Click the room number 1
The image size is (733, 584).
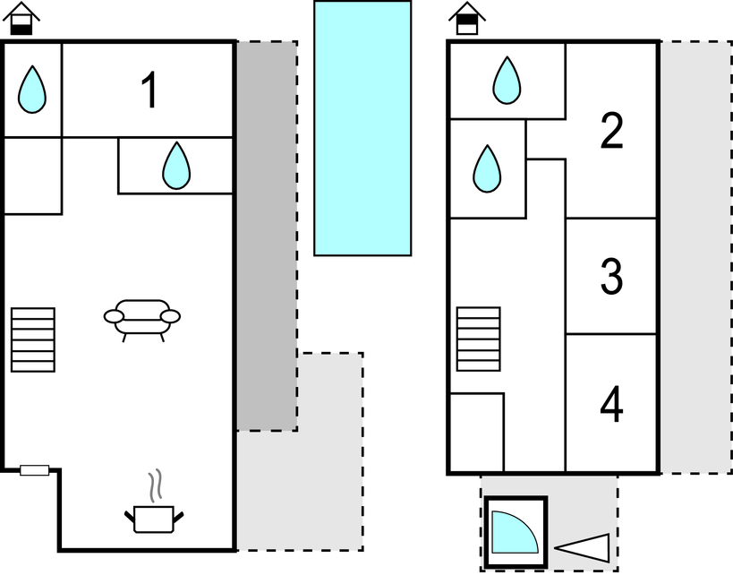[x=149, y=90]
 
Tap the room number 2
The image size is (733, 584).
[x=611, y=133]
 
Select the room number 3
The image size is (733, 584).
[x=611, y=276]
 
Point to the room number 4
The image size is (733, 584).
[x=611, y=405]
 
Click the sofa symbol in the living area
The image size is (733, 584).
[x=142, y=318]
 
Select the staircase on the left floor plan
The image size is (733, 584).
[x=33, y=339]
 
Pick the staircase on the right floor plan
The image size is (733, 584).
[x=478, y=339]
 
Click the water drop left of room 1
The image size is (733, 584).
[x=32, y=89]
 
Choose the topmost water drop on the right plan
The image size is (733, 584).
[x=507, y=80]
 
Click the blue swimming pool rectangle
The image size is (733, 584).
[x=362, y=128]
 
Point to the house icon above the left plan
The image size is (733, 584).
[x=22, y=18]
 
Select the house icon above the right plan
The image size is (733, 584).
[x=467, y=18]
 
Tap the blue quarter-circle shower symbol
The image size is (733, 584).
[x=513, y=533]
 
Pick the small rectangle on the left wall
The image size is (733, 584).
[x=35, y=470]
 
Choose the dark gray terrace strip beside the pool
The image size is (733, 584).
[x=267, y=236]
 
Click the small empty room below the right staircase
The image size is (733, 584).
[x=475, y=433]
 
